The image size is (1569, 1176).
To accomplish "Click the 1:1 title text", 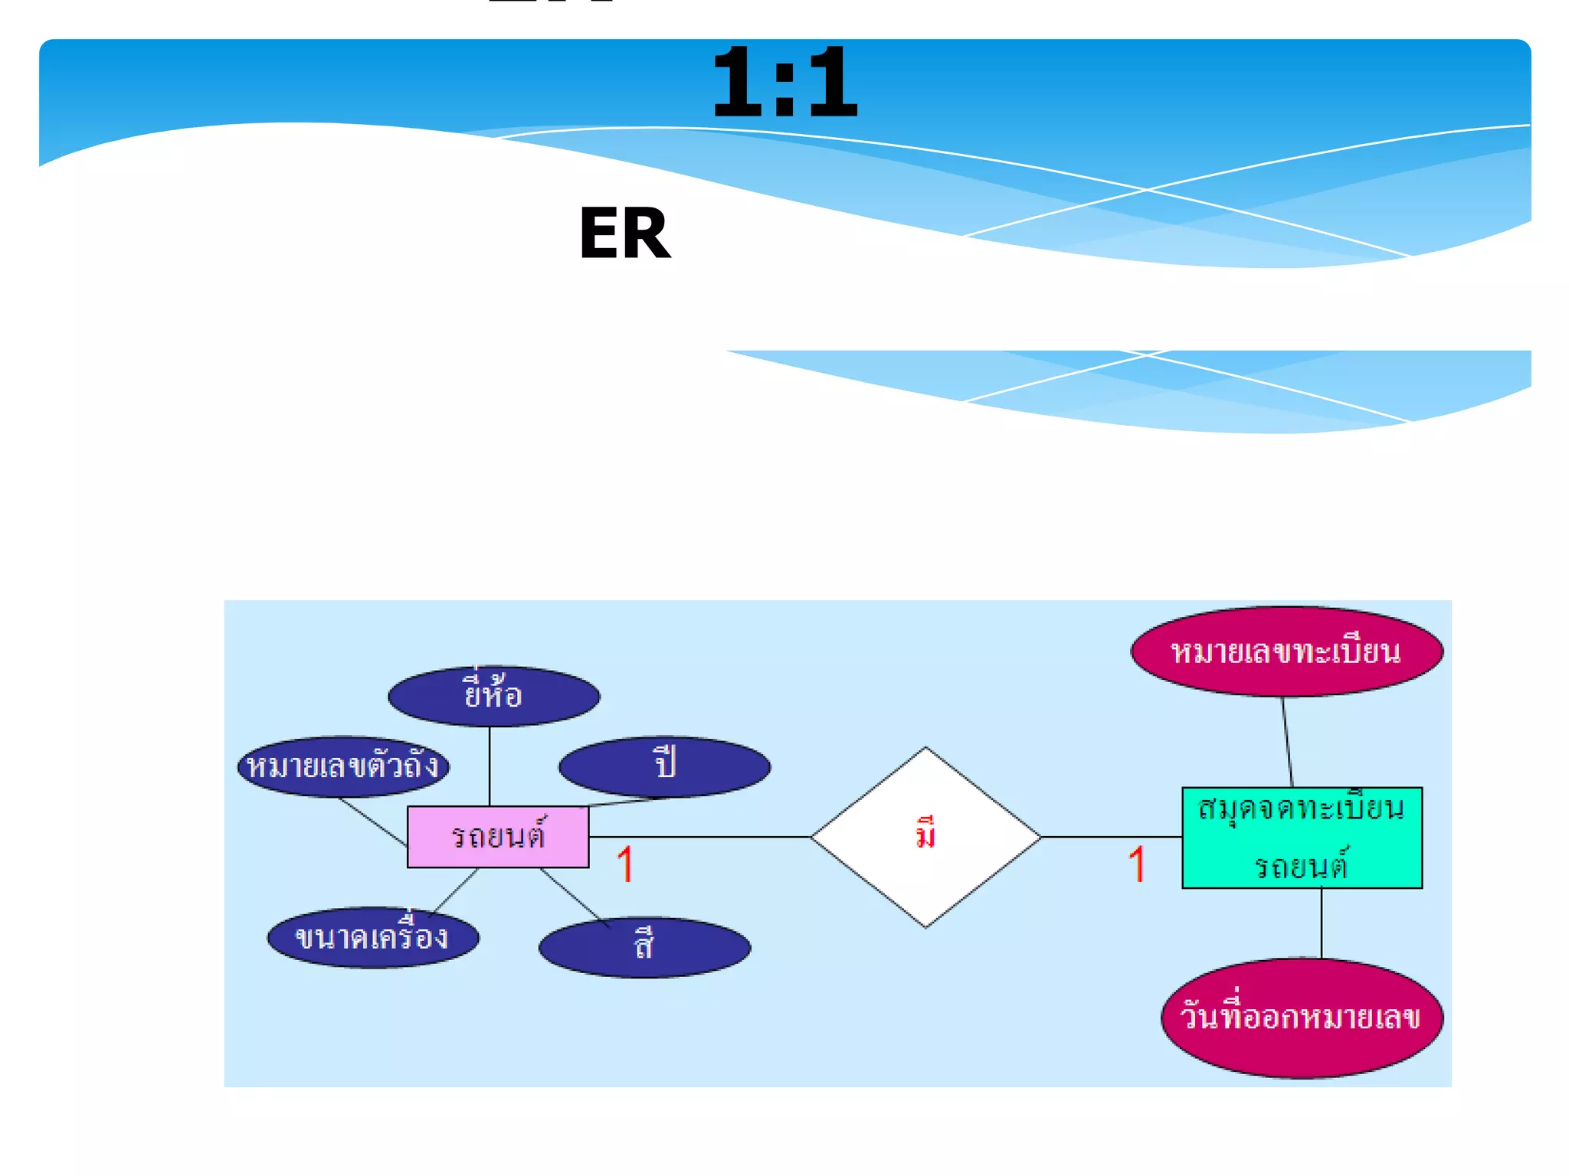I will [x=784, y=82].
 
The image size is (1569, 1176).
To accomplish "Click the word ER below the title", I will [x=624, y=234].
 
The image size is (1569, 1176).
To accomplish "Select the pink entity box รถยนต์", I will [x=497, y=836].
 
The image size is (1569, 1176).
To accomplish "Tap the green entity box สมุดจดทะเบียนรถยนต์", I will [x=1302, y=838].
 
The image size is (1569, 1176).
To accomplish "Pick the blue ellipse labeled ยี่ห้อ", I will [x=493, y=696].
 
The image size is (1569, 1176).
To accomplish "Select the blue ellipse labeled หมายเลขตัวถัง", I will [x=342, y=766].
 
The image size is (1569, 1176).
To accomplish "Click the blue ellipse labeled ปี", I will [x=664, y=766].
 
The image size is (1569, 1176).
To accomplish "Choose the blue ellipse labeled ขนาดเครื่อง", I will [x=372, y=938].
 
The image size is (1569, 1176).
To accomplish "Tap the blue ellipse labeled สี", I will [x=644, y=947].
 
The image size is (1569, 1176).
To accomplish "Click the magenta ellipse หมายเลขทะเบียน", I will [x=1286, y=652].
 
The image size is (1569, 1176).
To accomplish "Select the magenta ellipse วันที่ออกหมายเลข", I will [x=1302, y=1018].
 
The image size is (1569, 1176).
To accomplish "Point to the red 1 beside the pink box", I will [x=624, y=864].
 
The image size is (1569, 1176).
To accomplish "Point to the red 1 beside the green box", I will [x=1136, y=864].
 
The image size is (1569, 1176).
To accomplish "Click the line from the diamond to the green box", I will [x=1111, y=837].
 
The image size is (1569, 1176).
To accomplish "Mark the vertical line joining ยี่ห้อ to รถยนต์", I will [x=490, y=766].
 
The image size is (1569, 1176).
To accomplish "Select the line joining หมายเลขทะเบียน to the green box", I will [x=1288, y=741].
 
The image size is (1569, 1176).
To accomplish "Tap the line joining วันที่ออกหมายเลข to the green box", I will [x=1322, y=923].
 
